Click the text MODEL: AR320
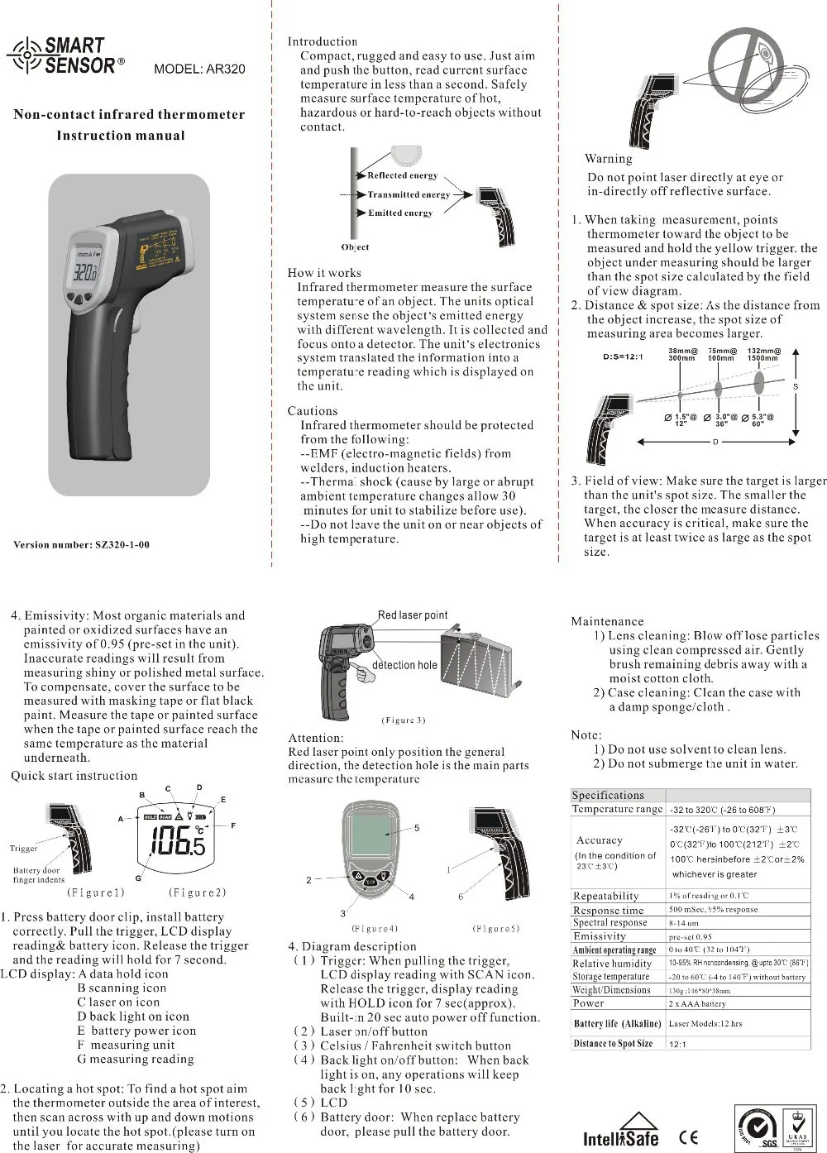point(199,69)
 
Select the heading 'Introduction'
point(323,41)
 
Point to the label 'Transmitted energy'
point(409,194)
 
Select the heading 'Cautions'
point(313,411)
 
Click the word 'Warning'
point(608,159)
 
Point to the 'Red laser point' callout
point(412,615)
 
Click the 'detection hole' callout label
point(404,665)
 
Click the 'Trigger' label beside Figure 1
point(23,848)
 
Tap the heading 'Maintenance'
point(607,621)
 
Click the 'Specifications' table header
point(608,795)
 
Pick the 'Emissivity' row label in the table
point(599,936)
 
